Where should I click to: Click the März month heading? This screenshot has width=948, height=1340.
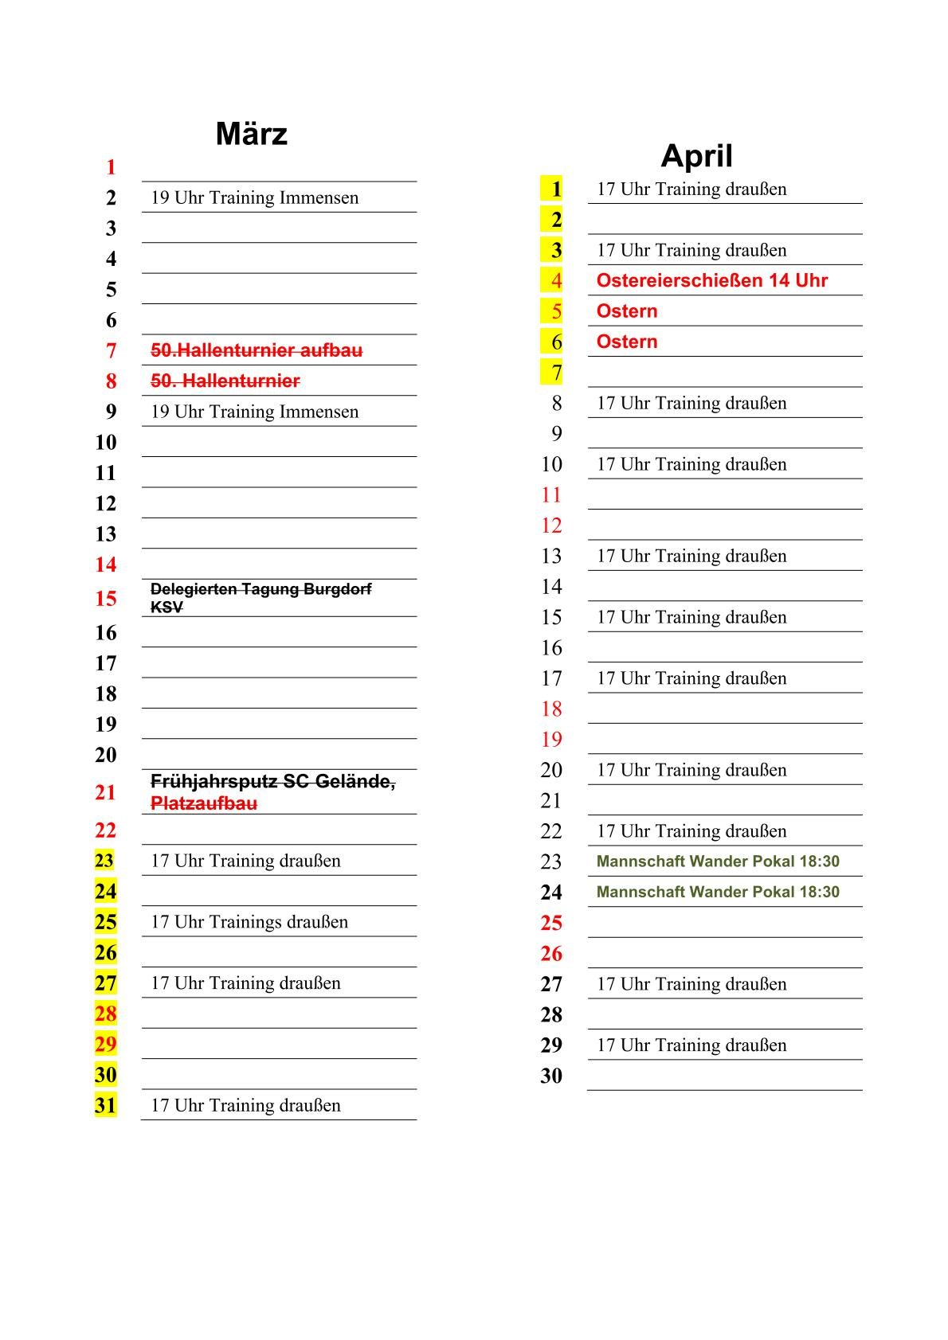[251, 134]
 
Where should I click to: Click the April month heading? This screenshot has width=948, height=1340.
[696, 155]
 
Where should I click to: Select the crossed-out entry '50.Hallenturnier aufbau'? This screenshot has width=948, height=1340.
[257, 350]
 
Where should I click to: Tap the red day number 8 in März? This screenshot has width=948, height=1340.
[111, 381]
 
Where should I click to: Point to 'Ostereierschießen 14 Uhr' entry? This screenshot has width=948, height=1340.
[711, 280]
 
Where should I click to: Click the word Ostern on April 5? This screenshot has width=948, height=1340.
[627, 311]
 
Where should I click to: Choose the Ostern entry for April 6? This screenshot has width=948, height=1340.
[627, 342]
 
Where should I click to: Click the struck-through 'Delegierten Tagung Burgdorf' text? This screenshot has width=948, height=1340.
[261, 589]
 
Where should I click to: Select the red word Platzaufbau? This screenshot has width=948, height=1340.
[204, 803]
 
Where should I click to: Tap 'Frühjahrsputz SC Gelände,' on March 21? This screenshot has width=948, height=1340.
[272, 782]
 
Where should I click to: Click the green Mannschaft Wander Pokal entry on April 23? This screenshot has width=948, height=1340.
[717, 861]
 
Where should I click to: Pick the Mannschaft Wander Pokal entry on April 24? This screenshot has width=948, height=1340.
[717, 892]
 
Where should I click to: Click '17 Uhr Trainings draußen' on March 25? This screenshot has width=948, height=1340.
[249, 922]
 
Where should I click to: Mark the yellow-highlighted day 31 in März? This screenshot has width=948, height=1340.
[105, 1105]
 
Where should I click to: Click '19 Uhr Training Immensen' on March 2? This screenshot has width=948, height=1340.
[254, 197]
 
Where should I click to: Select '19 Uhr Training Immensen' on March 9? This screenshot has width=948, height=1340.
[254, 412]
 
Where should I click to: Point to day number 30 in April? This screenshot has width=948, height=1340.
[551, 1076]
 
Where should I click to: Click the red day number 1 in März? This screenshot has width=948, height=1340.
[111, 167]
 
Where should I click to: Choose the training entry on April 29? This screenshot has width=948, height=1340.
[691, 1045]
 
